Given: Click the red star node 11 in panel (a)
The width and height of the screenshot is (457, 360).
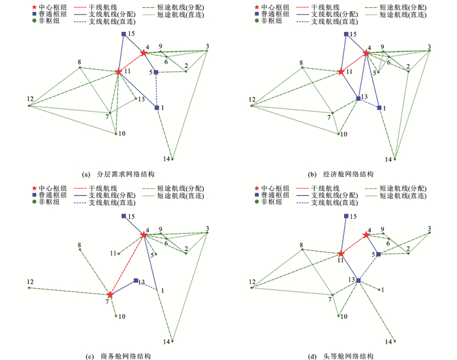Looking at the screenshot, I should pyautogui.click(x=118, y=72).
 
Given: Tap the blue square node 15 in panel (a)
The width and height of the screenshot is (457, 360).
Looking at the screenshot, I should pyautogui.click(x=123, y=34).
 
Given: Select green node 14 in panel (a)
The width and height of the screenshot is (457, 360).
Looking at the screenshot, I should pyautogui.click(x=172, y=158).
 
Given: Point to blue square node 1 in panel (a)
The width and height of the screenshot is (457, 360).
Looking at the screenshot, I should pyautogui.click(x=157, y=108).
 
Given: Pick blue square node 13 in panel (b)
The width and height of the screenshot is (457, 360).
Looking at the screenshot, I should pyautogui.click(x=358, y=99).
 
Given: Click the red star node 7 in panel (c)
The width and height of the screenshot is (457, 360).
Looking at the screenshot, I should pyautogui.click(x=110, y=295).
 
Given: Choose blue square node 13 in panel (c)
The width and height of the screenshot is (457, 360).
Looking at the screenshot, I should pyautogui.click(x=135, y=281).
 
